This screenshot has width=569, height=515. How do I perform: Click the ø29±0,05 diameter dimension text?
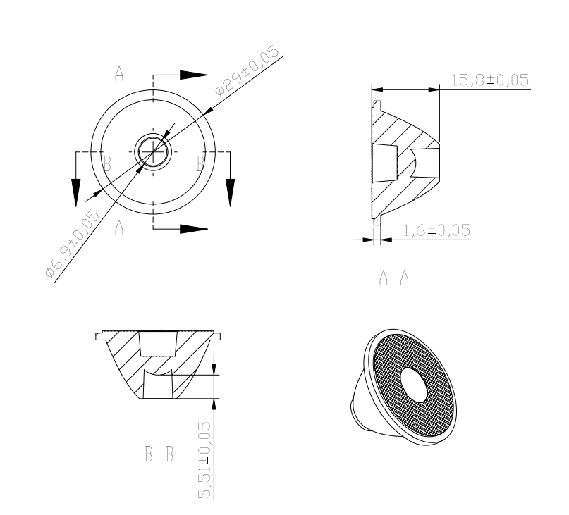tap(247, 70)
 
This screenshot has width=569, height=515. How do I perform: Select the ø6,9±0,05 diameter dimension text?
tap(71, 243)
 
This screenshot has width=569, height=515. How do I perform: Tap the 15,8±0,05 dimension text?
tap(490, 80)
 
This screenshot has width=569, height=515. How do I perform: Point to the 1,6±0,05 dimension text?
tap(437, 230)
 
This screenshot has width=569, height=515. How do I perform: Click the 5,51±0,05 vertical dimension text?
tap(204, 460)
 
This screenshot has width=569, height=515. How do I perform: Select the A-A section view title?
tap(393, 278)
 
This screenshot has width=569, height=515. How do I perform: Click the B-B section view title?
tap(159, 454)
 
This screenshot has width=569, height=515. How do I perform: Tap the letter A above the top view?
tap(119, 73)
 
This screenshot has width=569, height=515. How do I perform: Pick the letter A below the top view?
tap(119, 228)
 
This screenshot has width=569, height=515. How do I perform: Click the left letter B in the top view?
tap(106, 163)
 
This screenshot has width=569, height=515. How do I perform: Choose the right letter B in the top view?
tap(200, 163)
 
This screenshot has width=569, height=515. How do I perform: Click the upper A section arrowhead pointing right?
tap(194, 75)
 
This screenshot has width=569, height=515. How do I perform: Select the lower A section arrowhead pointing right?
tap(194, 229)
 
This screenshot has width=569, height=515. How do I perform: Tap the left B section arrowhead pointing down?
tap(76, 193)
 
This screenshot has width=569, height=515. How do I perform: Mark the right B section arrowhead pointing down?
tap(230, 193)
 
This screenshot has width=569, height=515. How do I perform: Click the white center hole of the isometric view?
tap(414, 385)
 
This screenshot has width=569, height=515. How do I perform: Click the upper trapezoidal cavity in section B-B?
tap(159, 344)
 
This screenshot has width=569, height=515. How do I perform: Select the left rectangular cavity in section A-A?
tap(385, 163)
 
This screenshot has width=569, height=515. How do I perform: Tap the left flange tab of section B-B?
tap(99, 336)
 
